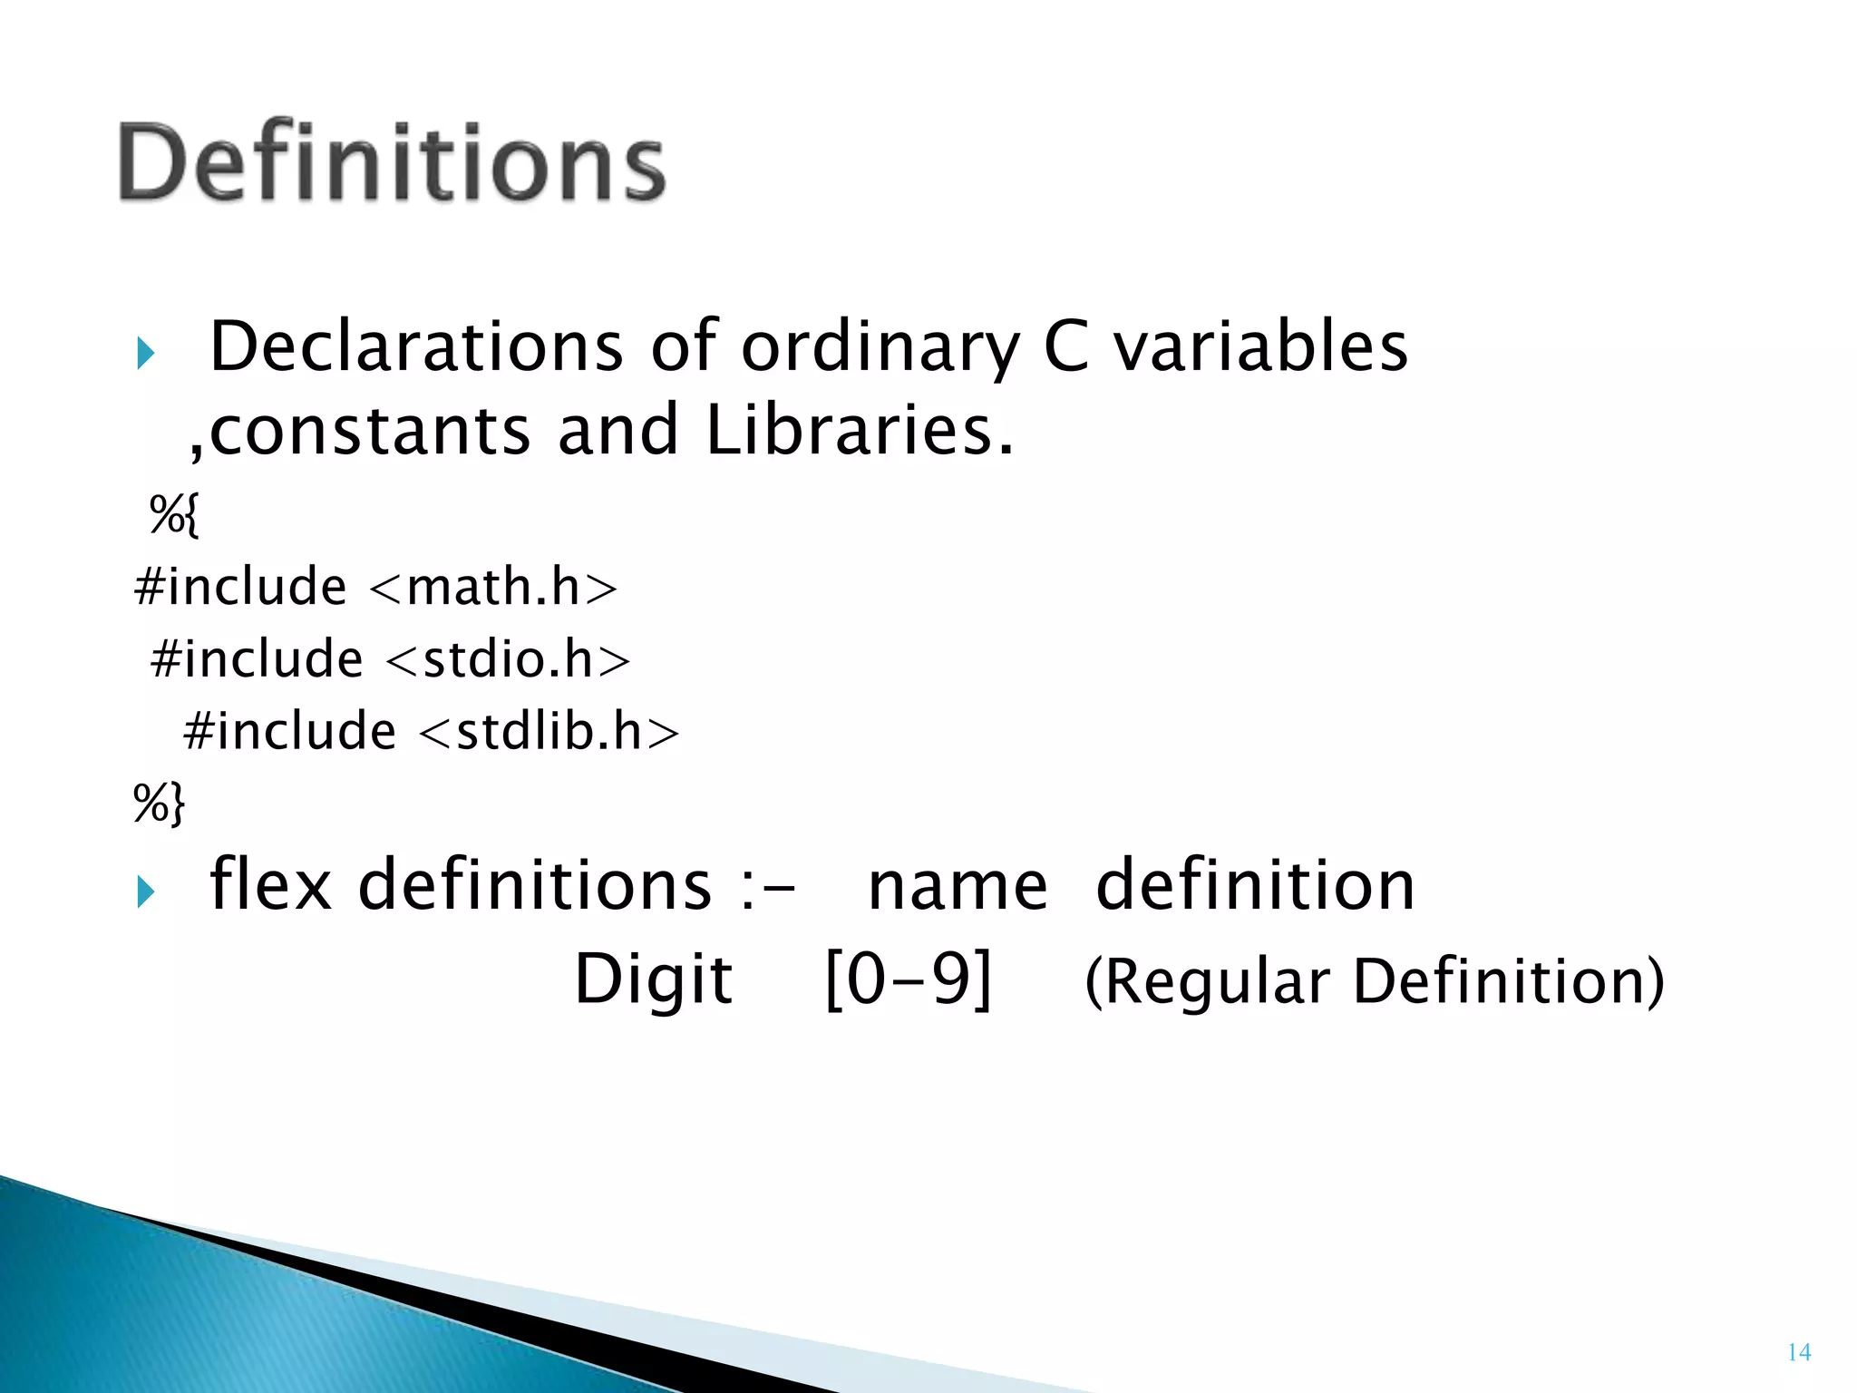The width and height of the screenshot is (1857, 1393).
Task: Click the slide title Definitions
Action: pyautogui.click(x=392, y=163)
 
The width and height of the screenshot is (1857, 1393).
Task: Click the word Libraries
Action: pyautogui.click(x=858, y=430)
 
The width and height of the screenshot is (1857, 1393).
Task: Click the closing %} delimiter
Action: pyautogui.click(x=159, y=802)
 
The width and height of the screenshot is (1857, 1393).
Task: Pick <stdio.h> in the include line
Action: pyautogui.click(x=508, y=659)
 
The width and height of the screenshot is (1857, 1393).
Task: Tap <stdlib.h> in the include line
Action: pyautogui.click(x=549, y=731)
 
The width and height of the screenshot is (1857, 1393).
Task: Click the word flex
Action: pyautogui.click(x=270, y=884)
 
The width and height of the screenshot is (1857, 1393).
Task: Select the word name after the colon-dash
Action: pyautogui.click(x=958, y=886)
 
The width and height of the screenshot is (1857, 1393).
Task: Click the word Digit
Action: pyautogui.click(x=654, y=980)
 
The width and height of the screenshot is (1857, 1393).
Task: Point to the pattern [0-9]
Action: pyautogui.click(x=909, y=980)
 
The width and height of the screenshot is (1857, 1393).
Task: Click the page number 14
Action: pyautogui.click(x=1799, y=1352)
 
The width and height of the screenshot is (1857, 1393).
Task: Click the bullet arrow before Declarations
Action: pyautogui.click(x=146, y=353)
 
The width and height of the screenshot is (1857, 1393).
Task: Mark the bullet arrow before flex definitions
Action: pyautogui.click(x=146, y=891)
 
